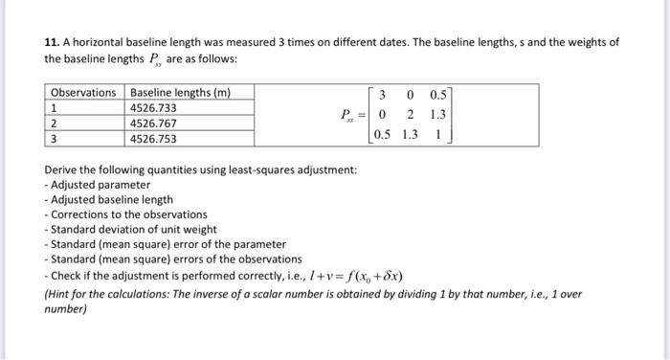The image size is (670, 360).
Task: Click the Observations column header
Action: (83, 92)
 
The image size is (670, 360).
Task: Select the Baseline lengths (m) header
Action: (179, 92)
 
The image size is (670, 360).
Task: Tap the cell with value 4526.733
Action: (153, 108)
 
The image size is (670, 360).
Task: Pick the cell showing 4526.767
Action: (153, 124)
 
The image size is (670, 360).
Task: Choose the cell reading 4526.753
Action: (153, 139)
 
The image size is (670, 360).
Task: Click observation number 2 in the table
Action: (54, 124)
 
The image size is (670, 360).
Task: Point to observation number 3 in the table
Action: (54, 139)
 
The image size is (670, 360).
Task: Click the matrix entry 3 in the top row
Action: (383, 95)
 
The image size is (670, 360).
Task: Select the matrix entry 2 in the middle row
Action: (410, 114)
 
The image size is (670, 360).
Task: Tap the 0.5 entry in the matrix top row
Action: (437, 95)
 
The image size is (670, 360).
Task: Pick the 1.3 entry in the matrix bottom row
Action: (410, 134)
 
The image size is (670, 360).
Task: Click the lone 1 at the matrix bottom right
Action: (437, 134)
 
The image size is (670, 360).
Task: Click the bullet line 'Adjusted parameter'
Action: (100, 184)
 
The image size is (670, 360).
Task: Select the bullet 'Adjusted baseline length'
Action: (111, 199)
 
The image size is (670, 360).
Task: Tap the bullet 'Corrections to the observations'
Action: (128, 214)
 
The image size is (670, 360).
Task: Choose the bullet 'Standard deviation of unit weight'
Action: (133, 230)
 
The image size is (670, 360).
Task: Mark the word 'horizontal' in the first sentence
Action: (100, 42)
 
